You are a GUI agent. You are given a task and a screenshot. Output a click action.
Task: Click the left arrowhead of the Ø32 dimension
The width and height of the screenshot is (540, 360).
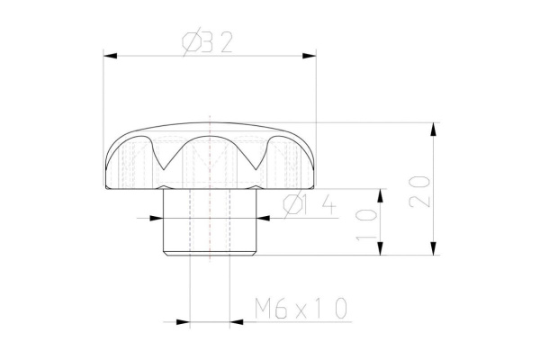pos(111,56)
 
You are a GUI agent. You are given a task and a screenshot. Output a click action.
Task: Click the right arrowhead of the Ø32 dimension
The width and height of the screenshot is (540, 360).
pos(310,56)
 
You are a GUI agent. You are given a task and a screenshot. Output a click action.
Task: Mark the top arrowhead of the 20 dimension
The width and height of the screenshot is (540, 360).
pos(435,129)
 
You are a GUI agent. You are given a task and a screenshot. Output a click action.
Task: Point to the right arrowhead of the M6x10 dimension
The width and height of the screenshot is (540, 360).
pos(238,320)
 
